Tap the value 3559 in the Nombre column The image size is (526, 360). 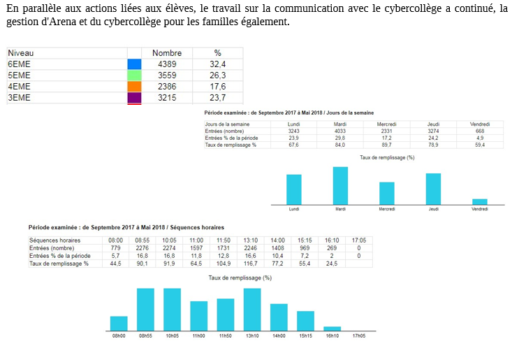(x=166, y=75)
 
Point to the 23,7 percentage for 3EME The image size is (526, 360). (x=217, y=98)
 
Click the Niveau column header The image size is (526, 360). (x=21, y=53)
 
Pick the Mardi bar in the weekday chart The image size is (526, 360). (x=340, y=185)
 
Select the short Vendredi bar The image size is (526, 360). (x=479, y=201)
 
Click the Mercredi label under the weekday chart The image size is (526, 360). (x=387, y=209)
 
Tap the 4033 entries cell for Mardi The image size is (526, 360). (x=340, y=131)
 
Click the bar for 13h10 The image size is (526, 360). (x=252, y=309)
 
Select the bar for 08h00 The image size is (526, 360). (x=119, y=323)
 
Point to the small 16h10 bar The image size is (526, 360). (x=332, y=328)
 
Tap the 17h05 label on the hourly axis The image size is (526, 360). (x=359, y=336)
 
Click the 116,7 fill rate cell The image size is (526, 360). (x=252, y=264)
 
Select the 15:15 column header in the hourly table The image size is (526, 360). (x=305, y=240)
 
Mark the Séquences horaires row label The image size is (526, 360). (x=54, y=240)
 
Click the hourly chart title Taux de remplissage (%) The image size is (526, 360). (x=240, y=278)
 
